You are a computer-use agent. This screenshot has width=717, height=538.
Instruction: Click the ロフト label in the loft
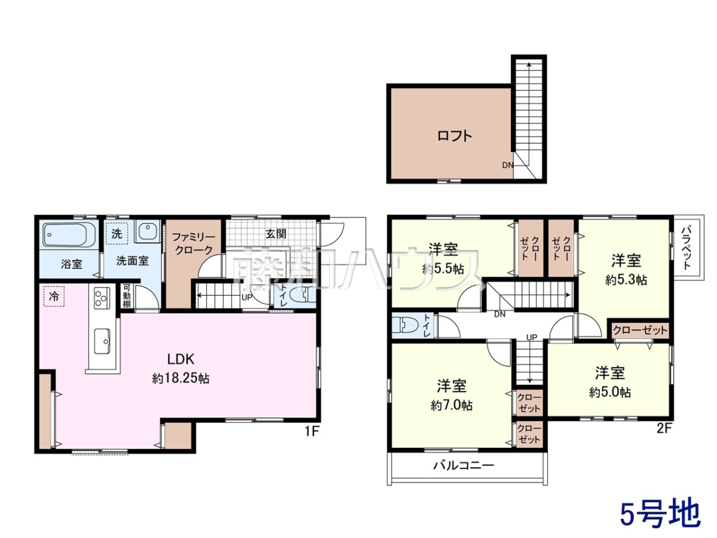click(x=454, y=136)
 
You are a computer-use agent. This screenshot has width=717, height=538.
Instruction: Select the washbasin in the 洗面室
click(x=148, y=231)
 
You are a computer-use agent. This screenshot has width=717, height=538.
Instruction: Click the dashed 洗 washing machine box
click(x=117, y=234)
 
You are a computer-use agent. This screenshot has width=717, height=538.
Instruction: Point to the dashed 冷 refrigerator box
click(x=54, y=296)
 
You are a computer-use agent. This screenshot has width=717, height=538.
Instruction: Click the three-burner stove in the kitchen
click(x=102, y=298)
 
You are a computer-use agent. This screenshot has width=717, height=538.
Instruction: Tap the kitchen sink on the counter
click(x=102, y=341)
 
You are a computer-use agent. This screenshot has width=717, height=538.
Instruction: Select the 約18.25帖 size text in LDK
click(x=180, y=378)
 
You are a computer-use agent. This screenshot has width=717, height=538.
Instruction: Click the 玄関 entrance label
click(x=276, y=234)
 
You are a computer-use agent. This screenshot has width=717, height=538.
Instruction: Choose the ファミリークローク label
click(x=194, y=243)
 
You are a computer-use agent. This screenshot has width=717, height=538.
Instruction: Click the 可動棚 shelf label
click(x=127, y=296)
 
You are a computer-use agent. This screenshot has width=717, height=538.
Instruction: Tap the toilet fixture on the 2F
click(x=400, y=325)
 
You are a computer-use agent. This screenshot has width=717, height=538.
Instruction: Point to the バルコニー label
click(x=464, y=466)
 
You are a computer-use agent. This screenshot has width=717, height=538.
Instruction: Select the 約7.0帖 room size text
click(x=452, y=406)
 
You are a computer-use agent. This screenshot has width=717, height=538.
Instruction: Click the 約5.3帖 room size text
click(x=626, y=280)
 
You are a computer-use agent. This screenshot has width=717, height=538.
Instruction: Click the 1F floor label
click(x=312, y=432)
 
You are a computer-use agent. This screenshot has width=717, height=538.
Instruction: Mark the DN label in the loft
click(x=508, y=166)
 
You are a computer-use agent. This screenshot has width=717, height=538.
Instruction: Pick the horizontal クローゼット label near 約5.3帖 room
click(x=640, y=330)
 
